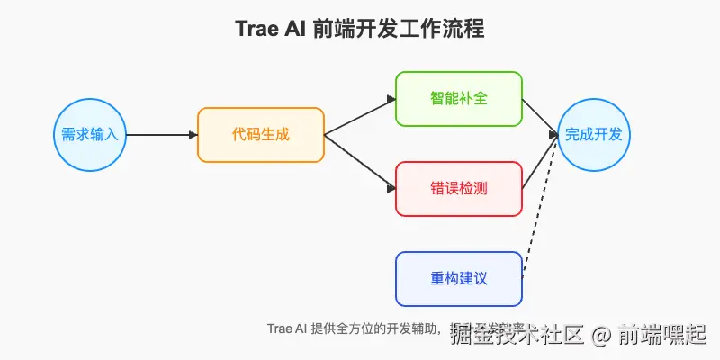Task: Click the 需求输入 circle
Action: point(90,135)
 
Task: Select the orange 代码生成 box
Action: point(261,135)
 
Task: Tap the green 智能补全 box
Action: point(459,99)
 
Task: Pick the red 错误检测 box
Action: point(459,189)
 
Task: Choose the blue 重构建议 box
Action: point(459,279)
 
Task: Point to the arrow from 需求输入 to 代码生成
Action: point(162,135)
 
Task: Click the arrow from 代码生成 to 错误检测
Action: point(360,162)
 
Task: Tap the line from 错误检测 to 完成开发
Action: point(540,162)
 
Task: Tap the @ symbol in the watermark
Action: point(601,336)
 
